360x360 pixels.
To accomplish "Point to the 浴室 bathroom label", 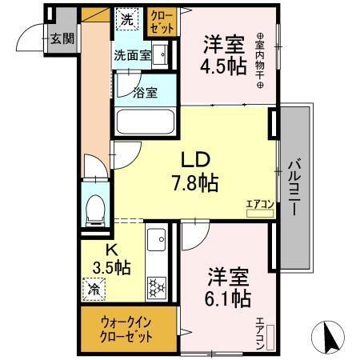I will [x=146, y=90].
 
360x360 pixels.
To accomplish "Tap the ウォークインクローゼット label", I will [x=126, y=327].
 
